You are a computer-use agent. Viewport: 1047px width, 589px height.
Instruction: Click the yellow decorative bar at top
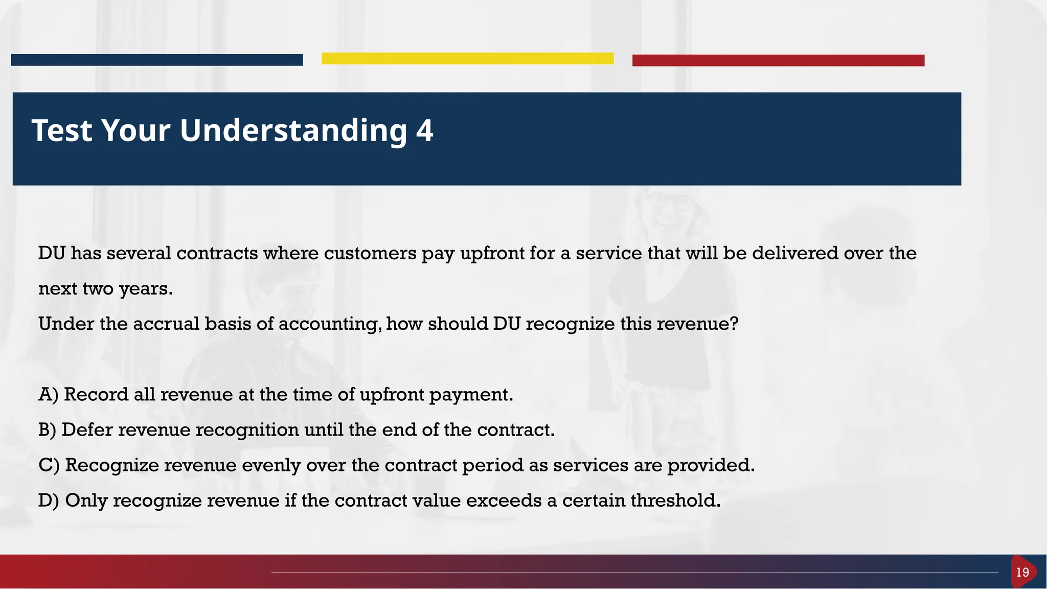pos(467,58)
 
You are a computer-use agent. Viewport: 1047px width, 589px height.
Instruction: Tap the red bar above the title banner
pos(778,60)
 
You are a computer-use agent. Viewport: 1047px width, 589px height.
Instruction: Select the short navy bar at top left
pos(156,60)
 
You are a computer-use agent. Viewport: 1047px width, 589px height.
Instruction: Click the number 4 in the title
pos(424,130)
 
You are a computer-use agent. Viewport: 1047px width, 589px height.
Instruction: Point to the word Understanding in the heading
pos(293,131)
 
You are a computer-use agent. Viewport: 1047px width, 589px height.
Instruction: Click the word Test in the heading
pos(62,130)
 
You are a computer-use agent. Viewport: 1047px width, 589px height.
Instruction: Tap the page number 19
pos(1022,572)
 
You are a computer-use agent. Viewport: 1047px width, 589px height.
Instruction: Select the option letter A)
pos(49,395)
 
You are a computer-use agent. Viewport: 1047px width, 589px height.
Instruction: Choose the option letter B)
pos(47,430)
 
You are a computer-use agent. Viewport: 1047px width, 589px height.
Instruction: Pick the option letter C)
pos(49,465)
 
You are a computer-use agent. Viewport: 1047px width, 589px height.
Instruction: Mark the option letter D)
pos(49,501)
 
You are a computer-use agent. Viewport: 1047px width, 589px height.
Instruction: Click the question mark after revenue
pos(735,324)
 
